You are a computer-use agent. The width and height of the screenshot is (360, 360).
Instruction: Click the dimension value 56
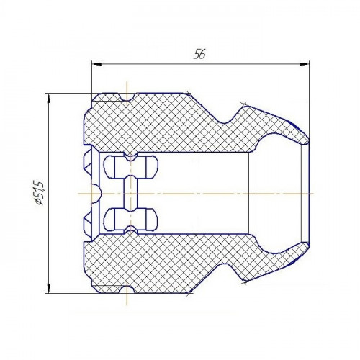click(x=199, y=54)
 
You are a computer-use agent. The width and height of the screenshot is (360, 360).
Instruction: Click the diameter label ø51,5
click(x=40, y=194)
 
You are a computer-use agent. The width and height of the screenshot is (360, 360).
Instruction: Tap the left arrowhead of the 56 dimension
click(x=97, y=64)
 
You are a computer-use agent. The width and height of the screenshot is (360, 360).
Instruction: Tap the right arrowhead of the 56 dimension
click(x=304, y=64)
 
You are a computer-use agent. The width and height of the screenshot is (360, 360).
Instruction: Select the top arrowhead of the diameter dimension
click(x=49, y=99)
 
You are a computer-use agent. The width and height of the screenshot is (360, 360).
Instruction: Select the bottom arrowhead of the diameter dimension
click(x=49, y=288)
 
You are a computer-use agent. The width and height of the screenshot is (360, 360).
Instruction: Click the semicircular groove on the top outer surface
click(x=127, y=97)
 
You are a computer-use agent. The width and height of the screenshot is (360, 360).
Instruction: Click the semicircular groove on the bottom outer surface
click(x=127, y=289)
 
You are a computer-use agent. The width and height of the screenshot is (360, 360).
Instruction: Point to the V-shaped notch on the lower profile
click(x=225, y=269)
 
